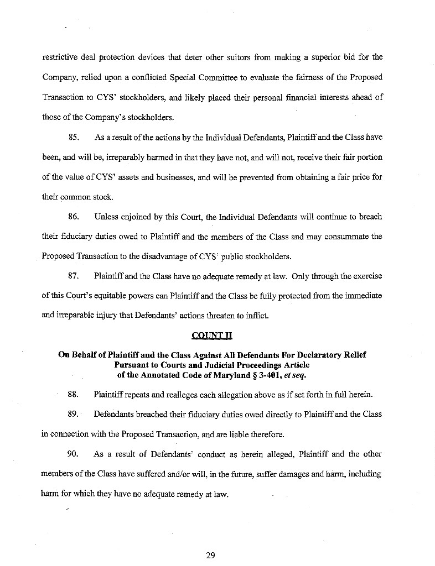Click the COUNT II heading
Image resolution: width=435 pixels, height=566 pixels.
point(210,335)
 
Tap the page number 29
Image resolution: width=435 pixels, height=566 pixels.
point(210,555)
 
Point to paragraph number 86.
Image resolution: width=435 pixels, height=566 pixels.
point(75,217)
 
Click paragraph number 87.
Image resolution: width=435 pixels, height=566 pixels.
point(75,275)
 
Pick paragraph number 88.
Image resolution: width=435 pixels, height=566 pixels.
point(75,394)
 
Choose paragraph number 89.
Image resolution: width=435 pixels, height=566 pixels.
point(75,413)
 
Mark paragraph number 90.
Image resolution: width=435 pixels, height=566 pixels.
point(75,454)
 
